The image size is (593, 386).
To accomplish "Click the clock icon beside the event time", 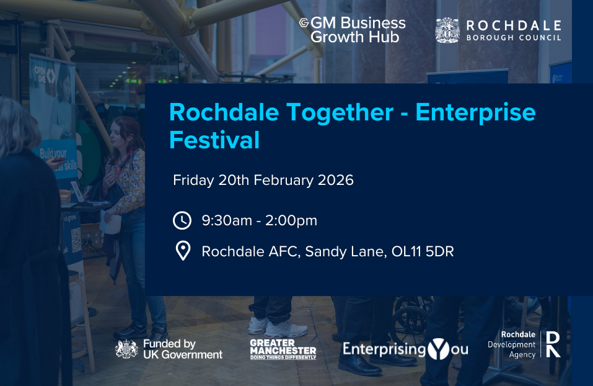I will [x=182, y=220].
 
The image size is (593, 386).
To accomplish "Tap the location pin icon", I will [x=182, y=251].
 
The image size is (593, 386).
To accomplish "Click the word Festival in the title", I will [x=214, y=140].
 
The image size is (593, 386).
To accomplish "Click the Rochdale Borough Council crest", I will [x=447, y=30].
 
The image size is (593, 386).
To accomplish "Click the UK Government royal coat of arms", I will [x=126, y=349].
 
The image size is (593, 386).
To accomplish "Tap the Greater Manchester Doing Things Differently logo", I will [x=283, y=349].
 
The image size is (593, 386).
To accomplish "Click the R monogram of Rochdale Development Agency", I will [x=553, y=344].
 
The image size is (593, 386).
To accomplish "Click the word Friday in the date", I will [x=193, y=181].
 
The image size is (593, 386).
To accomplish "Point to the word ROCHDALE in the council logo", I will [x=513, y=25].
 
